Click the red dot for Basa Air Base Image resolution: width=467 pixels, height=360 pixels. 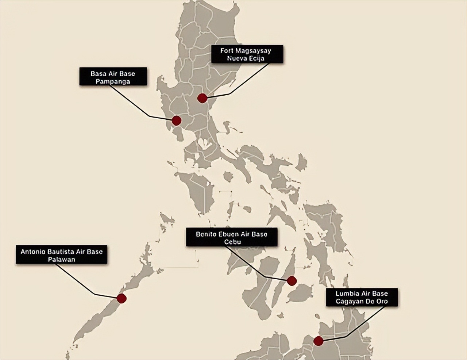[x=177, y=120]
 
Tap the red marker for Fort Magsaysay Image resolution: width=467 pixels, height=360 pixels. [x=202, y=98]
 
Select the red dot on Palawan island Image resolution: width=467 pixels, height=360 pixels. [x=121, y=298]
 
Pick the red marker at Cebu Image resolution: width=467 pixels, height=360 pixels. [x=292, y=281]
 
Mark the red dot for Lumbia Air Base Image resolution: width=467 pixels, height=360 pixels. [x=319, y=341]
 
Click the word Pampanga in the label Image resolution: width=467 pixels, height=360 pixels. [x=113, y=81]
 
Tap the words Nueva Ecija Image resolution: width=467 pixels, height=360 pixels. [x=246, y=58]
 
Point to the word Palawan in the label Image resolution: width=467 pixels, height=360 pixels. [x=61, y=259]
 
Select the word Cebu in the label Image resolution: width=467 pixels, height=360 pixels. [x=232, y=242]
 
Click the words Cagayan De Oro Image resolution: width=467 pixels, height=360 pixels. [x=362, y=302]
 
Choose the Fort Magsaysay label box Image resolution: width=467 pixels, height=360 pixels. [x=247, y=54]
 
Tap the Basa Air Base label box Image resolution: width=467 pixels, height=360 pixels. [x=113, y=77]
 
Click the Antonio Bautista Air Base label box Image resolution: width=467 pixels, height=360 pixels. [x=61, y=255]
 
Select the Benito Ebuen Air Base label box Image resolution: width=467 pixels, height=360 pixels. [x=232, y=237]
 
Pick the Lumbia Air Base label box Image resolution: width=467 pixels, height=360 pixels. [x=362, y=297]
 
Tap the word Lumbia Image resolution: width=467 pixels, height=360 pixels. [x=345, y=294]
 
